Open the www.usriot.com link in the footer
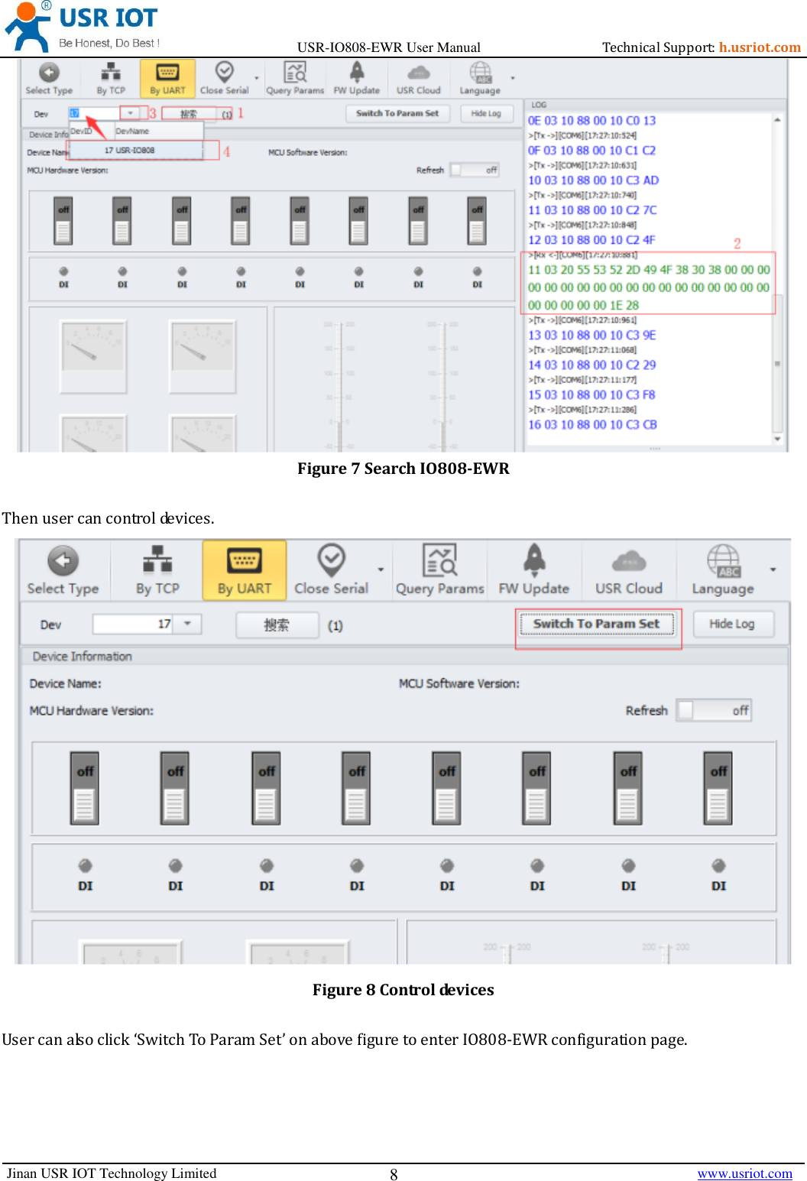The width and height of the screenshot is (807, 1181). (744, 1173)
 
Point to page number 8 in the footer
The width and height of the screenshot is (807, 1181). (394, 1175)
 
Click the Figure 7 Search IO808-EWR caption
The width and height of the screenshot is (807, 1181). (403, 469)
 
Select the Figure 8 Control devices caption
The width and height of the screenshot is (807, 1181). (403, 990)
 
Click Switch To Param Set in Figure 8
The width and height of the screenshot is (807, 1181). (596, 624)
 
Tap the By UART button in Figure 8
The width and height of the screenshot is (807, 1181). (244, 570)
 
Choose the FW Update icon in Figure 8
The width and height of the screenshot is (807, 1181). (534, 560)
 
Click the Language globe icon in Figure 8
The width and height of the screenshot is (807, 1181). (722, 560)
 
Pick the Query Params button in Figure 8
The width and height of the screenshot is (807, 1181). (439, 570)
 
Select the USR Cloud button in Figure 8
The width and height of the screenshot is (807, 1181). (628, 570)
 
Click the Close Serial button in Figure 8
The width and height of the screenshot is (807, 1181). (331, 570)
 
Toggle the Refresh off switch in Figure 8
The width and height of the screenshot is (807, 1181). (714, 710)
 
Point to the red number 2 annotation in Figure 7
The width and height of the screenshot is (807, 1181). (737, 243)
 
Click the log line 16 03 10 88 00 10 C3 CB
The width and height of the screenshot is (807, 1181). (592, 425)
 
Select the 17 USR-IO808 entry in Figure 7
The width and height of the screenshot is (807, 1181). (130, 151)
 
